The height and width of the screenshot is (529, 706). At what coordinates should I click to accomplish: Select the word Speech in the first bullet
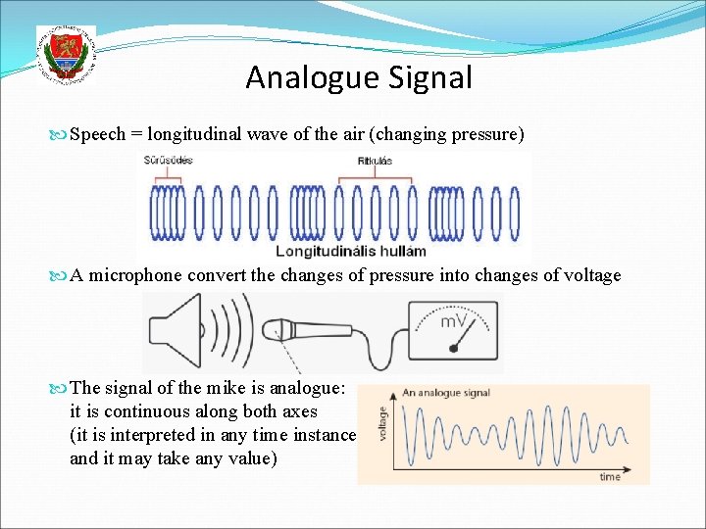(x=98, y=134)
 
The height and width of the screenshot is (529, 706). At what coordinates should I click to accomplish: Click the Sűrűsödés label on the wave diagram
(x=169, y=161)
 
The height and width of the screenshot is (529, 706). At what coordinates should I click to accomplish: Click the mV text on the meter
(x=452, y=320)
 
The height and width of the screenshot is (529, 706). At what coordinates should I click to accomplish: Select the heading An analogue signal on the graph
(x=448, y=393)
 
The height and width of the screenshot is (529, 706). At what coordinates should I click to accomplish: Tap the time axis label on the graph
(x=610, y=476)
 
